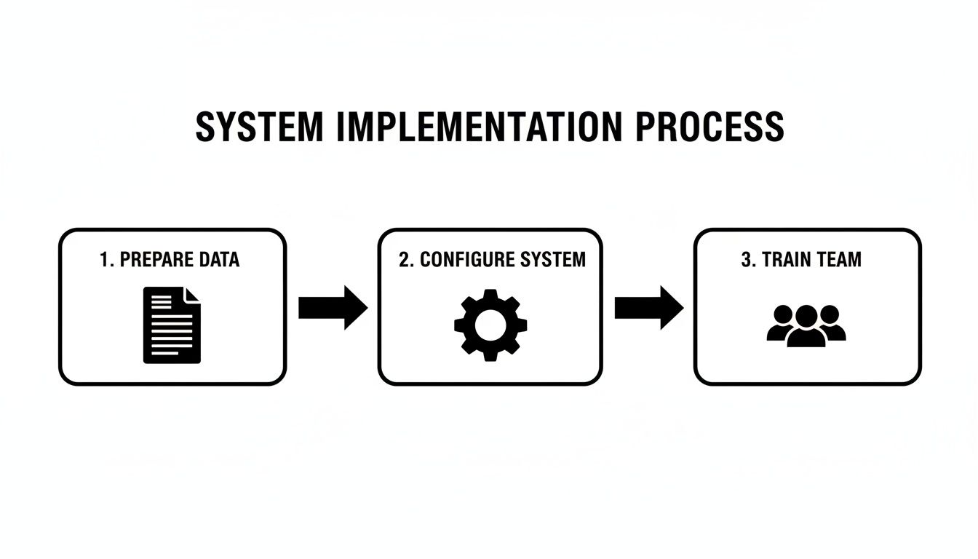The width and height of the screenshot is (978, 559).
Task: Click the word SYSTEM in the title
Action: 258,127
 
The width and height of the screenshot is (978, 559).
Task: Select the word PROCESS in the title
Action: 710,127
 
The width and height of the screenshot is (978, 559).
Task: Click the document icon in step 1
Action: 172,325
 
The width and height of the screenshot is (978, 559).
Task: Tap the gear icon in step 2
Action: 490,325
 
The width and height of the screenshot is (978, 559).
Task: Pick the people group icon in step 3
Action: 806,325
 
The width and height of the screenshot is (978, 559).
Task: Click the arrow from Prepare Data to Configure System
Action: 333,308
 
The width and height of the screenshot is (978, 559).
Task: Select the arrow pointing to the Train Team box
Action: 648,308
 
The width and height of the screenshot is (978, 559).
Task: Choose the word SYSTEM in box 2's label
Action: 552,260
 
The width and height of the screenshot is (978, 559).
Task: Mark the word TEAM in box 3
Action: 838,260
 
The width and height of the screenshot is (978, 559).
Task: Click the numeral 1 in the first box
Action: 103,260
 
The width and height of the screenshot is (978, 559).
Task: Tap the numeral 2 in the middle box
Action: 404,260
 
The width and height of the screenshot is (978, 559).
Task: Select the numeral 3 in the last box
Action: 746,260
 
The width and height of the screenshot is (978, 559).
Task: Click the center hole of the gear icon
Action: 490,325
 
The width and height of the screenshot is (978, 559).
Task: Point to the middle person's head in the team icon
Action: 806,315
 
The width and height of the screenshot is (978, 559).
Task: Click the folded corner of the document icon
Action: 193,295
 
